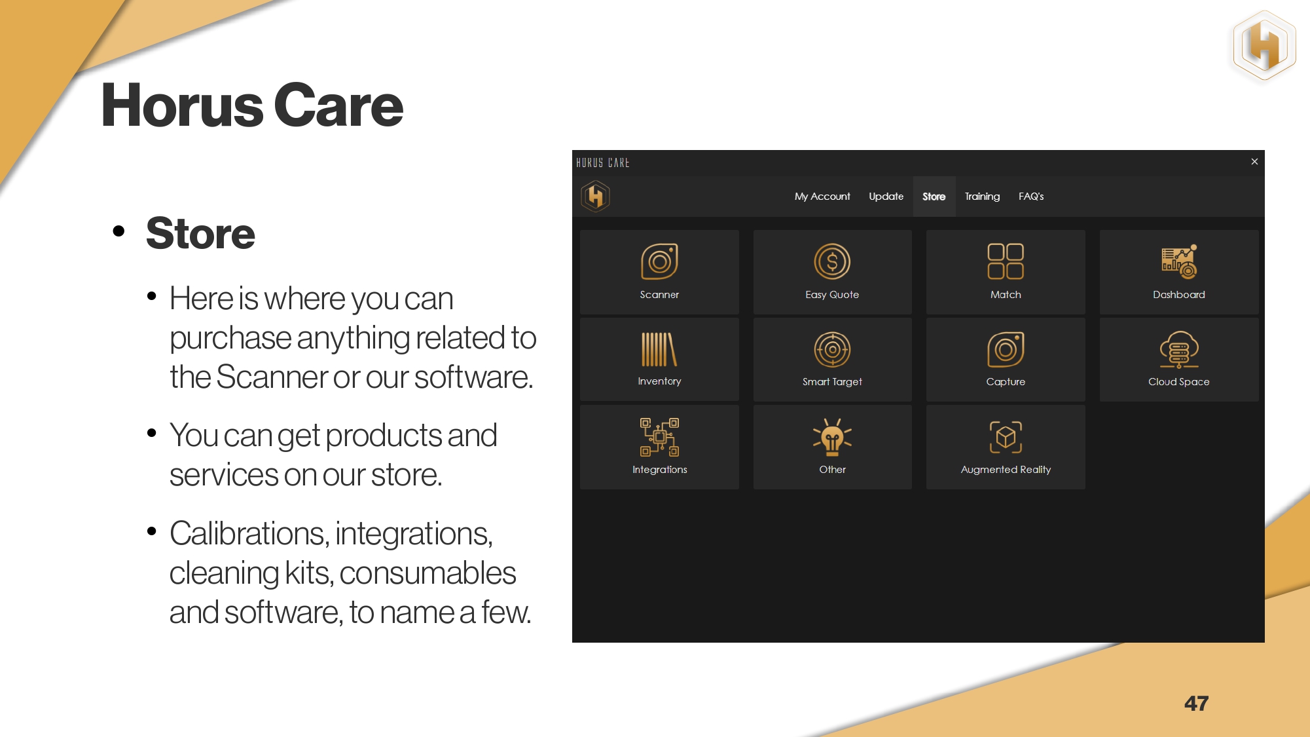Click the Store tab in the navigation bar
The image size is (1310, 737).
pyautogui.click(x=934, y=197)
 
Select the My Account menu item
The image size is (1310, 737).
pyautogui.click(x=822, y=197)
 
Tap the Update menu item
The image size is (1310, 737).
pyautogui.click(x=886, y=197)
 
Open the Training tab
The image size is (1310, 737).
pyautogui.click(x=982, y=197)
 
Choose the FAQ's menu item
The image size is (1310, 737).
pyautogui.click(x=1031, y=197)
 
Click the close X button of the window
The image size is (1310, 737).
pyautogui.click(x=1254, y=161)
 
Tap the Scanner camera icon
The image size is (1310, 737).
pyautogui.click(x=659, y=261)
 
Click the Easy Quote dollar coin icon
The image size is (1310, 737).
pyautogui.click(x=832, y=261)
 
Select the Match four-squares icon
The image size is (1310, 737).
pyautogui.click(x=1006, y=261)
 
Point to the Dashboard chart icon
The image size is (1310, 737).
pyautogui.click(x=1179, y=261)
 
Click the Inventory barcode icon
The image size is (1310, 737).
pyautogui.click(x=659, y=349)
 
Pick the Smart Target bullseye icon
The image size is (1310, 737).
pyautogui.click(x=832, y=349)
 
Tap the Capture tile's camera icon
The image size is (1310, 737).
pyautogui.click(x=1006, y=349)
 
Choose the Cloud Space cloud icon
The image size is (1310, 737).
pyautogui.click(x=1179, y=349)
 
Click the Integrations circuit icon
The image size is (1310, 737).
pyautogui.click(x=659, y=437)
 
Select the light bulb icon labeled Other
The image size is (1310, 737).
pyautogui.click(x=832, y=437)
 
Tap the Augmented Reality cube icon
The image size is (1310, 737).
pyautogui.click(x=1006, y=437)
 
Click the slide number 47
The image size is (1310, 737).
pyautogui.click(x=1196, y=704)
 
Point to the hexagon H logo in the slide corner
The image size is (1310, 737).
pyautogui.click(x=1264, y=46)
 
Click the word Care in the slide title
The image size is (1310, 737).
pyautogui.click(x=338, y=105)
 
